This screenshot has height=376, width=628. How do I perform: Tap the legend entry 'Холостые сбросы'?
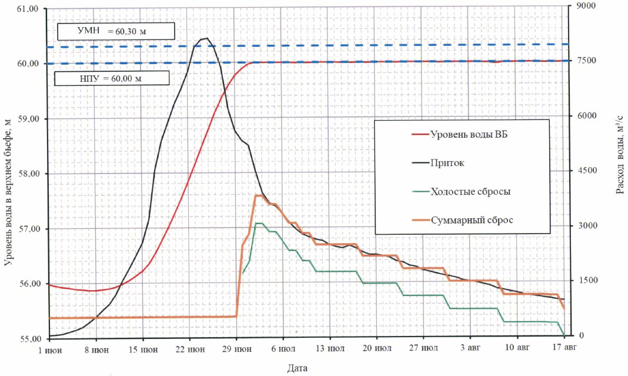coord(470,191)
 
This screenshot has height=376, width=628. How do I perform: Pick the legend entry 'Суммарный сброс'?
coord(472,219)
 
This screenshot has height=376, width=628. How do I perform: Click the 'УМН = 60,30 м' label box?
coord(116,31)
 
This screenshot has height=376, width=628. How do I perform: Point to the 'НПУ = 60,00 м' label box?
coord(111,78)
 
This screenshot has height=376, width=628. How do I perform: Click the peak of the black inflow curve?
coord(206,38)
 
